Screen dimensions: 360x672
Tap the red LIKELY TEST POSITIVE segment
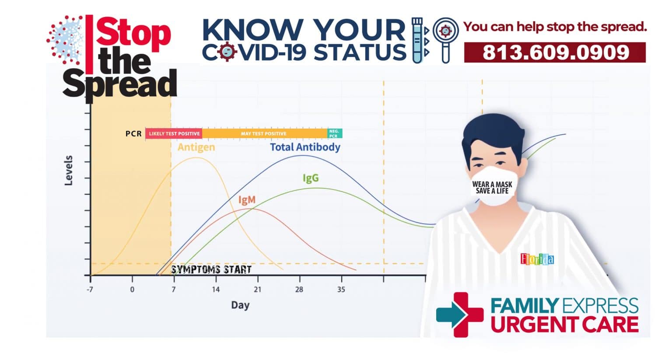tap(174, 133)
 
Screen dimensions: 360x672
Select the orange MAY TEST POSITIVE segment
tap(264, 133)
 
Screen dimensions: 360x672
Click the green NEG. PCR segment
tap(334, 133)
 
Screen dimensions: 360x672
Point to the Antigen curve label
tap(196, 147)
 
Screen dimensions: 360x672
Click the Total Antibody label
tap(305, 147)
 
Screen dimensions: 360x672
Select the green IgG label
tap(311, 178)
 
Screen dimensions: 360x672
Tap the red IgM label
tap(247, 200)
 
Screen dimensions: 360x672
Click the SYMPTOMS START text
tap(211, 269)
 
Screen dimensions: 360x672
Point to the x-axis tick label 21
tap(257, 289)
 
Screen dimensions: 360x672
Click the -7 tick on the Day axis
tap(90, 289)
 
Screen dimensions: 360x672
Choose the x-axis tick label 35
tap(341, 289)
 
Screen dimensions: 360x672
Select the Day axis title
tap(240, 305)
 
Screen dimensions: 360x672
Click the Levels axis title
tap(69, 171)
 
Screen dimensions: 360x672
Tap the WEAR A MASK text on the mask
tap(492, 184)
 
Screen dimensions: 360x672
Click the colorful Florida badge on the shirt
tap(537, 259)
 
